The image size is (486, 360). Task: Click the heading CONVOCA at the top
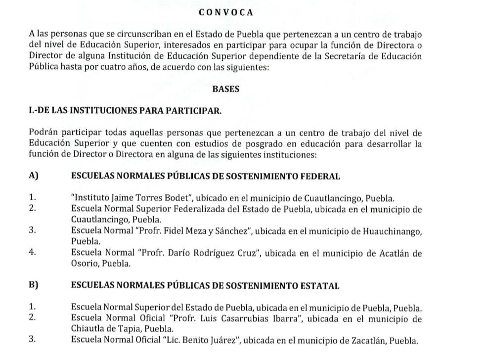[x=225, y=12]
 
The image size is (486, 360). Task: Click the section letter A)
[x=34, y=176]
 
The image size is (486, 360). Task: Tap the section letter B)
[x=34, y=285]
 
